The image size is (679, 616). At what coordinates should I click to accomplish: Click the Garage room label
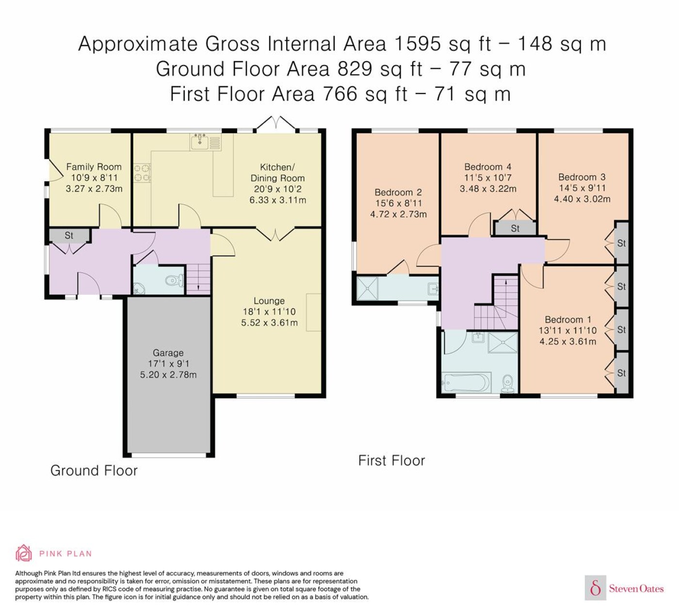(x=168, y=353)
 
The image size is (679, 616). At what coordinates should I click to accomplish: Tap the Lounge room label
(x=269, y=301)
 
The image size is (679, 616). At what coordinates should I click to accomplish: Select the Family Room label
(x=94, y=167)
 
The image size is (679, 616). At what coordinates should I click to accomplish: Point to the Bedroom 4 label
(x=488, y=167)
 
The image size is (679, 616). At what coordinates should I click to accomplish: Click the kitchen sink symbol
(x=205, y=141)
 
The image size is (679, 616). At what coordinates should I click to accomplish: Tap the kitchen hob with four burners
(x=142, y=173)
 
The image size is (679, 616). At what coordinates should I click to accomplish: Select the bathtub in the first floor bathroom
(x=467, y=383)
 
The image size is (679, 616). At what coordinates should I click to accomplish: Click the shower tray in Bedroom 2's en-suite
(x=368, y=288)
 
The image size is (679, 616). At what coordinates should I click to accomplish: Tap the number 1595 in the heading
(x=418, y=44)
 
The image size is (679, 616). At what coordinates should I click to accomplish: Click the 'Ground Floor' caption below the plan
(x=94, y=470)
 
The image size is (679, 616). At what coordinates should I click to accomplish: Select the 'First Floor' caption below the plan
(x=391, y=461)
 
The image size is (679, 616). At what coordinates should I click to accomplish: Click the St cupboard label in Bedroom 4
(x=515, y=228)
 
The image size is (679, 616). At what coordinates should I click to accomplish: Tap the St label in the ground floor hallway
(x=69, y=235)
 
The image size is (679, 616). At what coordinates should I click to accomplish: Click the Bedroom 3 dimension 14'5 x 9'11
(x=582, y=188)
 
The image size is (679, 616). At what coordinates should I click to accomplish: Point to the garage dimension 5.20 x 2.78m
(x=168, y=375)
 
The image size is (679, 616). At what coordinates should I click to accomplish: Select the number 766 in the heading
(x=340, y=94)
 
